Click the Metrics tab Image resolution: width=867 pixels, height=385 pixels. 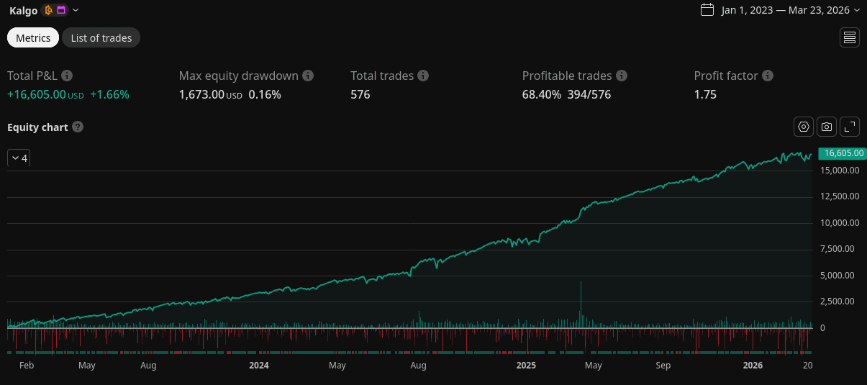coord(33,38)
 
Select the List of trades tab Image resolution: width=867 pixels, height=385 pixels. coord(101,38)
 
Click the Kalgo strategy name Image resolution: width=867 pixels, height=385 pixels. coord(23,10)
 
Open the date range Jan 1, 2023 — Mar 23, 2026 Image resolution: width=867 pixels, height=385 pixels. coord(780,10)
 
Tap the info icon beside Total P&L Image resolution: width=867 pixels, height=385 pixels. coord(67,76)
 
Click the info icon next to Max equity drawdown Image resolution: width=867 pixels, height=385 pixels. coord(308,76)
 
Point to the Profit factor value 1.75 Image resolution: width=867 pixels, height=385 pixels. coord(705,94)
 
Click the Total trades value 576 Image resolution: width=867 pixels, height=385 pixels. coord(360,94)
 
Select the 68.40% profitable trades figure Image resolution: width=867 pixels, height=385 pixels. coord(542,94)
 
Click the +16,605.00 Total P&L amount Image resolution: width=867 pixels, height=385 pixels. coord(37,94)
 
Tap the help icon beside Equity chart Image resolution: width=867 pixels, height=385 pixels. coord(78,127)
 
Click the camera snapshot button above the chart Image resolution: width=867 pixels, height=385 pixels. coord(827,127)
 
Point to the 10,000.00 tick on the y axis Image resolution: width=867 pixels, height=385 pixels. coord(840,223)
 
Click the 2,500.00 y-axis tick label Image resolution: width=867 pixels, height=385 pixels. coord(837,302)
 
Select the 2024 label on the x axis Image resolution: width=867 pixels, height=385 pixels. coord(258,366)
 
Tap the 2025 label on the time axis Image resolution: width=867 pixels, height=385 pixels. coord(526,366)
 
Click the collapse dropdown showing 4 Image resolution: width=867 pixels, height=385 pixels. coord(19,158)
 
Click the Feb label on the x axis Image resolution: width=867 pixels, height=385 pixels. coord(27,366)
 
